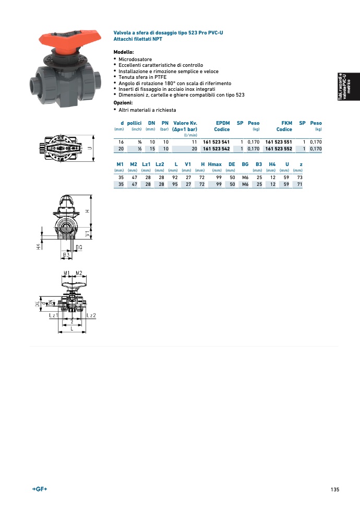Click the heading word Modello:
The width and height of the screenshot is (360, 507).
[124, 52]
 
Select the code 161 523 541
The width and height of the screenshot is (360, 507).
[216, 142]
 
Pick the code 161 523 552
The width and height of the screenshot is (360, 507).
[279, 149]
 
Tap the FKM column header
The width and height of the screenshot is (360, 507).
[286, 123]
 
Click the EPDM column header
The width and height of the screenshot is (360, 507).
[223, 123]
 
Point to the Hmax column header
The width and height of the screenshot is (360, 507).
[215, 164]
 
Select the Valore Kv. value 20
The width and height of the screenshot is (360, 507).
[194, 149]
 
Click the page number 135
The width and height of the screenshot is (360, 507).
[334, 489]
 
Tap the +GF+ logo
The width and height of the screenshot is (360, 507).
[40, 489]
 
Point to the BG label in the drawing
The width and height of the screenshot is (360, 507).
[79, 246]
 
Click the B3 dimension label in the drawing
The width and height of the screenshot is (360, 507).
[66, 254]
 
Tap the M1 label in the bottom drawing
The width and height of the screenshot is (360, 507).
[66, 273]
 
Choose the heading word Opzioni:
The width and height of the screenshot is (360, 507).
[124, 103]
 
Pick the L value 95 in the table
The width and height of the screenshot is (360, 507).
[175, 184]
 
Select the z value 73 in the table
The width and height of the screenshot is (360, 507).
[299, 178]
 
